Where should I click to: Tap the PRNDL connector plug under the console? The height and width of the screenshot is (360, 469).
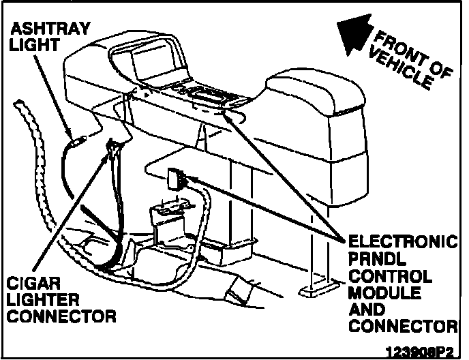(175, 178)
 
